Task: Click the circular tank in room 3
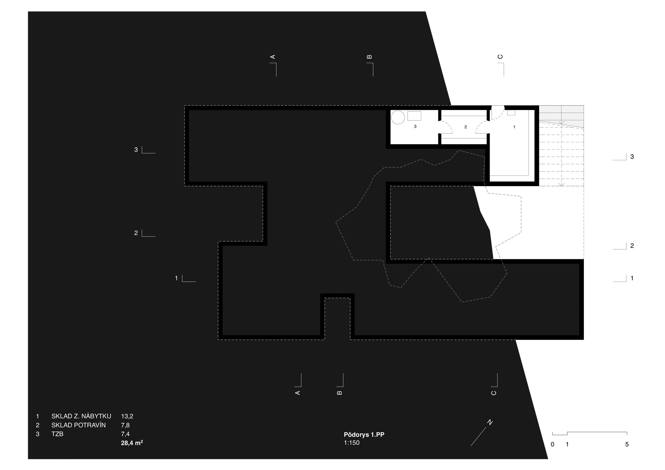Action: tap(398, 117)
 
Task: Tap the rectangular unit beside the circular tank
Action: tap(414, 116)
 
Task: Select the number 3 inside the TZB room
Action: tap(415, 127)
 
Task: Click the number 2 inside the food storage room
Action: tap(465, 127)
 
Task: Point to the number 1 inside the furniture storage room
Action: tap(514, 127)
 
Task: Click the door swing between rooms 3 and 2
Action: tap(445, 127)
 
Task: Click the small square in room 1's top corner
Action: tap(511, 112)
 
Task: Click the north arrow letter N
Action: tap(490, 422)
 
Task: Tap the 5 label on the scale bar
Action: tap(627, 444)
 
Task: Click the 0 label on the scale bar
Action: tap(553, 444)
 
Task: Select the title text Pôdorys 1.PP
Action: tap(364, 435)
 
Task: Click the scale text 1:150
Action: tap(351, 443)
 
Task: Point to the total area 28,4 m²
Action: tap(132, 443)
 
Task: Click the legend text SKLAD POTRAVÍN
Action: tap(78, 425)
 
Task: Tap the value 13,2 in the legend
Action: tap(127, 416)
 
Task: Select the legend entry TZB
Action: tap(57, 434)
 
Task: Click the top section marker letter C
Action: tap(500, 57)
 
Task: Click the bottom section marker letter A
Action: tap(298, 393)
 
